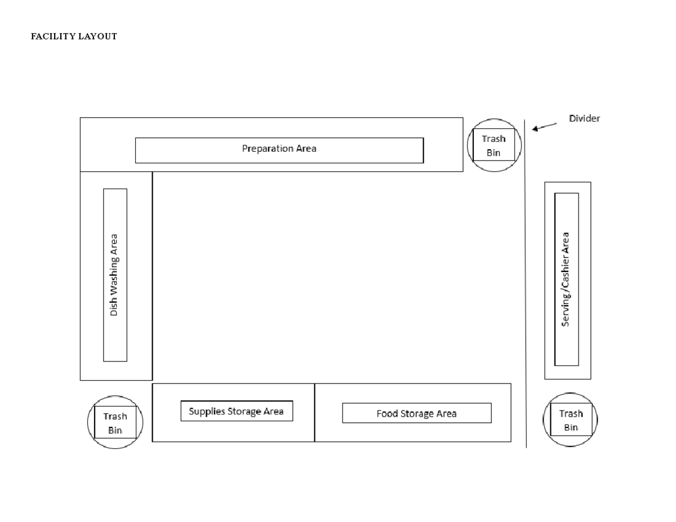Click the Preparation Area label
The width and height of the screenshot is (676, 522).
point(279,149)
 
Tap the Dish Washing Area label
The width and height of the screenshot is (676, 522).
point(114,275)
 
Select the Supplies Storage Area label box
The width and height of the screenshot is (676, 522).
point(237,411)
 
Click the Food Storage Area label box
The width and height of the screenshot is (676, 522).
point(416,413)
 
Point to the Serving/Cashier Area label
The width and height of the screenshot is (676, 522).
point(566,279)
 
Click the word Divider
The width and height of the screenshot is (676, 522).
point(584,119)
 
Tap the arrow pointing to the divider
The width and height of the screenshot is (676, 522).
point(544,127)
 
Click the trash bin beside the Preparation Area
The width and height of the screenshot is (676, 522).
point(493,145)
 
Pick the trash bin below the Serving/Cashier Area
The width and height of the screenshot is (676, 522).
point(571,420)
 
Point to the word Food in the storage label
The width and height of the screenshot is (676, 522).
point(387,414)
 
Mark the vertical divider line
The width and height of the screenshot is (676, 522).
point(526,282)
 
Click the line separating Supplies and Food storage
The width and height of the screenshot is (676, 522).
point(314,413)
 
